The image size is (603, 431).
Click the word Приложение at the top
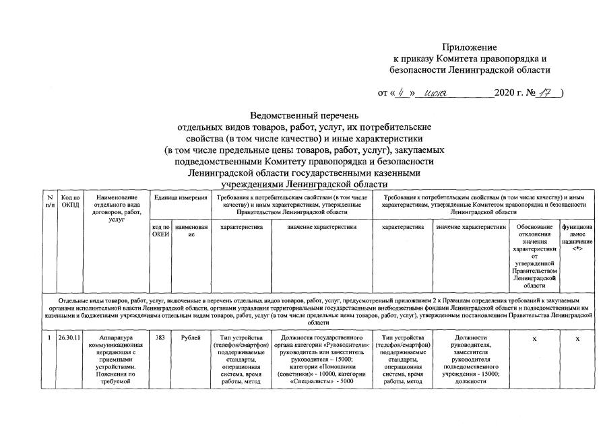(x=469, y=47)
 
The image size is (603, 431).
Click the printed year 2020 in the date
(x=505, y=92)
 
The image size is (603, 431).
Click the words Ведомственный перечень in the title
(x=305, y=116)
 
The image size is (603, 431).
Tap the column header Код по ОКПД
(x=70, y=201)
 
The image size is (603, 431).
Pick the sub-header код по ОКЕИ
(x=160, y=231)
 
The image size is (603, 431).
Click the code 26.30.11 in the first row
(x=70, y=338)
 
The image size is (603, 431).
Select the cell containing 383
(x=160, y=338)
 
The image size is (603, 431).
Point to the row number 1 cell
(x=50, y=338)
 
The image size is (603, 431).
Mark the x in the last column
(x=577, y=339)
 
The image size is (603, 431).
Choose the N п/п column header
(x=50, y=201)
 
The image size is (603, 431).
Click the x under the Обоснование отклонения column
(x=534, y=339)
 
